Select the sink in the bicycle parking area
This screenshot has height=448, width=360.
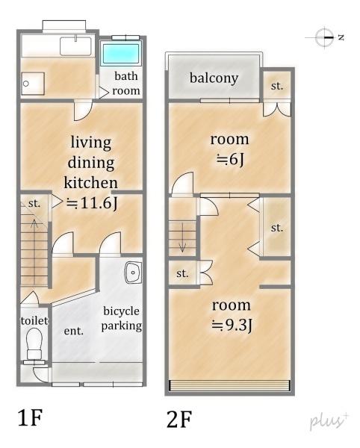133,273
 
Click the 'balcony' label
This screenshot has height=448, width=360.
214,78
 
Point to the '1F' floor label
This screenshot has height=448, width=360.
30,417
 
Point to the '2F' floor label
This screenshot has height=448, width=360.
179,419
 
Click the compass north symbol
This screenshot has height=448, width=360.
325,37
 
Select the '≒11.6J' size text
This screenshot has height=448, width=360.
92,203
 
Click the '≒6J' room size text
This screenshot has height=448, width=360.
230,159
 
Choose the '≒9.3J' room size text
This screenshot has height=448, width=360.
232,325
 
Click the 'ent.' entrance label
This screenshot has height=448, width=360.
74,331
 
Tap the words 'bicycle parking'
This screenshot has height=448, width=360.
122,318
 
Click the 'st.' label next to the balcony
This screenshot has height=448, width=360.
277,86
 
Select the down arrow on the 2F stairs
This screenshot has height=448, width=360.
182,237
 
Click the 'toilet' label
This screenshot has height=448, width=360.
34,320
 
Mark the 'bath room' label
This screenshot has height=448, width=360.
126,83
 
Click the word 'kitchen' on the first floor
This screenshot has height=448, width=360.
90,183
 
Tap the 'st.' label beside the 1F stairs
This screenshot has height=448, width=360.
34,203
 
